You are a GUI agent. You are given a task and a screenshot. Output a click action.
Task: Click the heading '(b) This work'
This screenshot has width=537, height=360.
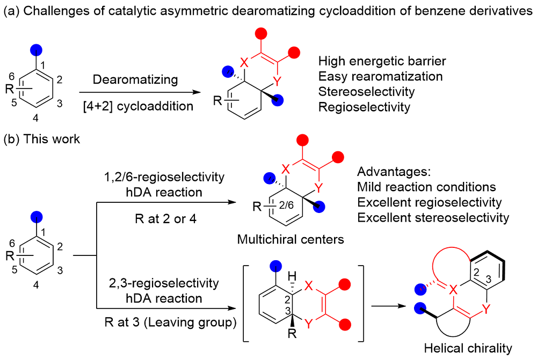[x=42, y=139]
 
